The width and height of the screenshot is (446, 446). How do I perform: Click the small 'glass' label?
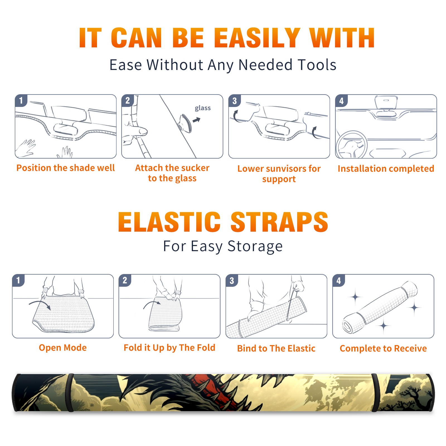pyautogui.click(x=203, y=108)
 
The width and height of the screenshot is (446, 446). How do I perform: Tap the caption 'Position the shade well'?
pyautogui.click(x=66, y=168)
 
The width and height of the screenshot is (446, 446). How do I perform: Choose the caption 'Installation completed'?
pyautogui.click(x=386, y=169)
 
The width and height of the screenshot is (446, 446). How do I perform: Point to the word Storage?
pyautogui.click(x=255, y=246)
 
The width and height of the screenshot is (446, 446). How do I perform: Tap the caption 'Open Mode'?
pyautogui.click(x=63, y=348)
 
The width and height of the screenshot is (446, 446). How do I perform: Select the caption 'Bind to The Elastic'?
pyautogui.click(x=276, y=348)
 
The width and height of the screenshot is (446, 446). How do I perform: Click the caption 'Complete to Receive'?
pyautogui.click(x=383, y=348)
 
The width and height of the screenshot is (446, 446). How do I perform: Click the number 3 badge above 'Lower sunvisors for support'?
pyautogui.click(x=234, y=101)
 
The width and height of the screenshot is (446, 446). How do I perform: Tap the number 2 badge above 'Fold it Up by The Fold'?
pyautogui.click(x=125, y=280)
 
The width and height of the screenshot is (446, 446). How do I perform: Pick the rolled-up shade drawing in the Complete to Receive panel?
pyautogui.click(x=380, y=307)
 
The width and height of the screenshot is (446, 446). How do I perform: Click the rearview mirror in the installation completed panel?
pyautogui.click(x=386, y=103)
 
